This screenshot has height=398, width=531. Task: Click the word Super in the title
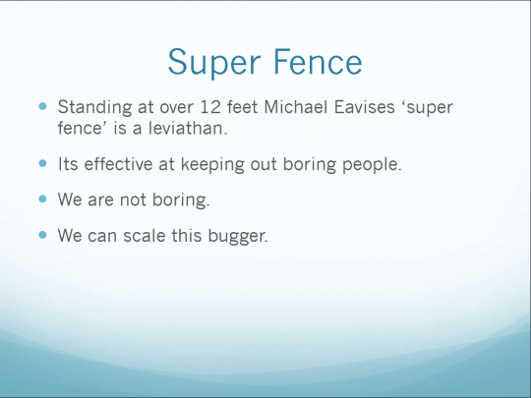click(x=214, y=63)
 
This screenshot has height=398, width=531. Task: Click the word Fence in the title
click(x=318, y=62)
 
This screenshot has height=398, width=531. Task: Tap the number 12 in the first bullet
click(x=210, y=107)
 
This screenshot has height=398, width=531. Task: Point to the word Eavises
click(x=365, y=107)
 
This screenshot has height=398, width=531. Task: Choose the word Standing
click(x=94, y=108)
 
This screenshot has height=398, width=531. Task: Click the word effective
click(x=119, y=164)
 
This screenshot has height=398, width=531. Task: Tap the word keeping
click(x=212, y=165)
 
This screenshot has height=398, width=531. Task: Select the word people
click(x=372, y=165)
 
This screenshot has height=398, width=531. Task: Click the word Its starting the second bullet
click(x=68, y=164)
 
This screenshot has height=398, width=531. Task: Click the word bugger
click(x=238, y=236)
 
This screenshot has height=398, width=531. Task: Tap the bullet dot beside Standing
click(x=42, y=106)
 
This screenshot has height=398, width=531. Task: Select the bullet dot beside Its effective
click(x=42, y=163)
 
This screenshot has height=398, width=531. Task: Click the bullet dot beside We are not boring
click(x=42, y=199)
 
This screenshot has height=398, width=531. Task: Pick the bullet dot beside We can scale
click(x=42, y=235)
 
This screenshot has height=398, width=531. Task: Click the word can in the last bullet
click(x=102, y=236)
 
